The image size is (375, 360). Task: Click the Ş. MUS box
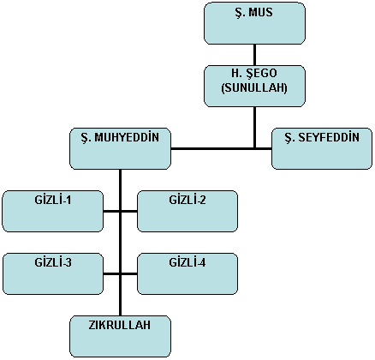coord(254,23)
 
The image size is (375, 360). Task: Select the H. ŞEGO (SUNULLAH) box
coord(254,86)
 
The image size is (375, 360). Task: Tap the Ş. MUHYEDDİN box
coord(121,148)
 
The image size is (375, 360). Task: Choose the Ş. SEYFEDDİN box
coord(322,148)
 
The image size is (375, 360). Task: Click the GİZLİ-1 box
coord(53,211)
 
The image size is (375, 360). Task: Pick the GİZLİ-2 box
coord(187,211)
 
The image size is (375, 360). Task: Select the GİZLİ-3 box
coord(53,273)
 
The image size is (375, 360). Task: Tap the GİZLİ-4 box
coord(187,273)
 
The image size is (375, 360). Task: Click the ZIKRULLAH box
coord(121,336)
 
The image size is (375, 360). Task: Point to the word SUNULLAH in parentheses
coord(254,87)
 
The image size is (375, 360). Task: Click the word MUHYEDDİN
coord(127,137)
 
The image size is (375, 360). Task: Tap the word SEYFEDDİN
coord(329,137)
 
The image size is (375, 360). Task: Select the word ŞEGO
coord(261,74)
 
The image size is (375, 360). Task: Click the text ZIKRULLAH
coord(120,325)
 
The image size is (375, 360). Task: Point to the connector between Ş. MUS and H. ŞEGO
coord(254,55)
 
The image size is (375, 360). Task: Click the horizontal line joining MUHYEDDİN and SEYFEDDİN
coord(221,148)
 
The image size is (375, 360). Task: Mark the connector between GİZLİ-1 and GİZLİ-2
coord(120,212)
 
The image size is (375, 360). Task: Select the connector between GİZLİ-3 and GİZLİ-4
coord(120,274)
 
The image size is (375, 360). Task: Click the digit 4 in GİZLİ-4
coord(203,262)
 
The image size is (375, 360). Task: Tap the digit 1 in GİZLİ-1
coord(68,200)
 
